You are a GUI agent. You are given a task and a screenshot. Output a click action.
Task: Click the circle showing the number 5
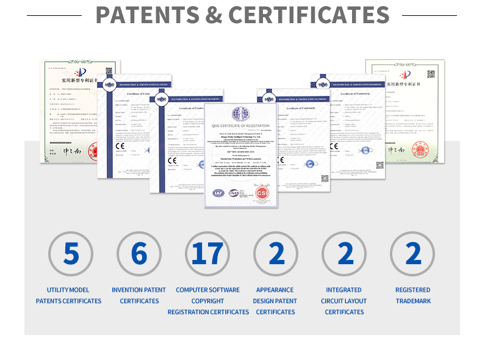[71, 253]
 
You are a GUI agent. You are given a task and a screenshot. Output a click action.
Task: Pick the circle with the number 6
[139, 253]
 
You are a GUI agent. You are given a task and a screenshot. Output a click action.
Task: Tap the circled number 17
[207, 253]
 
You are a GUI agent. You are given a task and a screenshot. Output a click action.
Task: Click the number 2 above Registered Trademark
[413, 253]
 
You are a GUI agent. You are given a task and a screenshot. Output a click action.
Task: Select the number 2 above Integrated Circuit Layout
[345, 253]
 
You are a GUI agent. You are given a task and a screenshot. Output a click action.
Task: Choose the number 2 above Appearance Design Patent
[276, 253]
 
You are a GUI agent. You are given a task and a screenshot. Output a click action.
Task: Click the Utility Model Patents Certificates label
[68, 295]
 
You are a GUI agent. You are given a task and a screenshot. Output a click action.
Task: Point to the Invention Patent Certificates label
[139, 295]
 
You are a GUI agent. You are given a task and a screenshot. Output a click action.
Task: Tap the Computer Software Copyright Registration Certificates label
[208, 301]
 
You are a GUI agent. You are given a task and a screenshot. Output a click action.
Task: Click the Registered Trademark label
[413, 295]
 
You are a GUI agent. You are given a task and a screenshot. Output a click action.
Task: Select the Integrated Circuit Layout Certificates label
[345, 301]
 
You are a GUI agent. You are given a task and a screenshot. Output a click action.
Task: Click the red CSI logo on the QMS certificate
[262, 192]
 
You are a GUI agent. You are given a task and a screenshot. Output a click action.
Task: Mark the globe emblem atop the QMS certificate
[240, 113]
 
